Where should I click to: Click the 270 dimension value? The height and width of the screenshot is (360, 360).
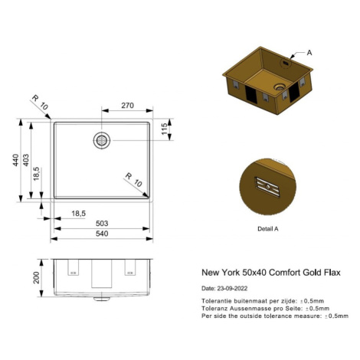pos(127,106)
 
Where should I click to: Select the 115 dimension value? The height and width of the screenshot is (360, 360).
pos(165,129)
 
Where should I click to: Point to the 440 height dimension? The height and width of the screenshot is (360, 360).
pos(16,160)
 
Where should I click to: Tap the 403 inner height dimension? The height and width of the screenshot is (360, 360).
pos(26,160)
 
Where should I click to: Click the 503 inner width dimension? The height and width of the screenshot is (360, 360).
pos(102,224)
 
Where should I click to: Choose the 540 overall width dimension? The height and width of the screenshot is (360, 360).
pos(102,234)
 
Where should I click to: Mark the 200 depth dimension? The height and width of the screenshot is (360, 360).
pos(37,278)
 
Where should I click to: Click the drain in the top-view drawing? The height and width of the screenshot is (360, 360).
pos(102,141)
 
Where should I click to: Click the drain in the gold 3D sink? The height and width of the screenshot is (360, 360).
pos(280,87)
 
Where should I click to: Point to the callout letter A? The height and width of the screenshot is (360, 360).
pos(309,53)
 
